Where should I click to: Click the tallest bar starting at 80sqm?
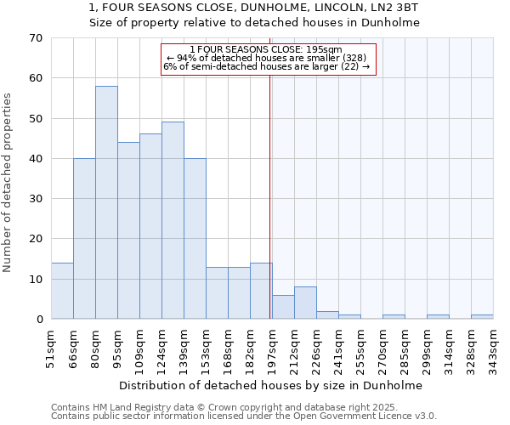coord(106,202)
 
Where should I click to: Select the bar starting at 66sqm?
coord(84,239)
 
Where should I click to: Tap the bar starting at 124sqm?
coord(173,220)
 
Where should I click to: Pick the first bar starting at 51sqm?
coord(62,291)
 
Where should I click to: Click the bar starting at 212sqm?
coord(305,303)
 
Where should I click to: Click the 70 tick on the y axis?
coord(35,38)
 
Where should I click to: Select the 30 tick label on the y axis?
coord(35,199)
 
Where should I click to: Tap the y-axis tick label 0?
coord(38,320)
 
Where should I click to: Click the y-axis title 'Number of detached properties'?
coord(8,183)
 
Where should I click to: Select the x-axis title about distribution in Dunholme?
coord(270,385)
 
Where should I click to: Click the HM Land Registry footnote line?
coord(224,408)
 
